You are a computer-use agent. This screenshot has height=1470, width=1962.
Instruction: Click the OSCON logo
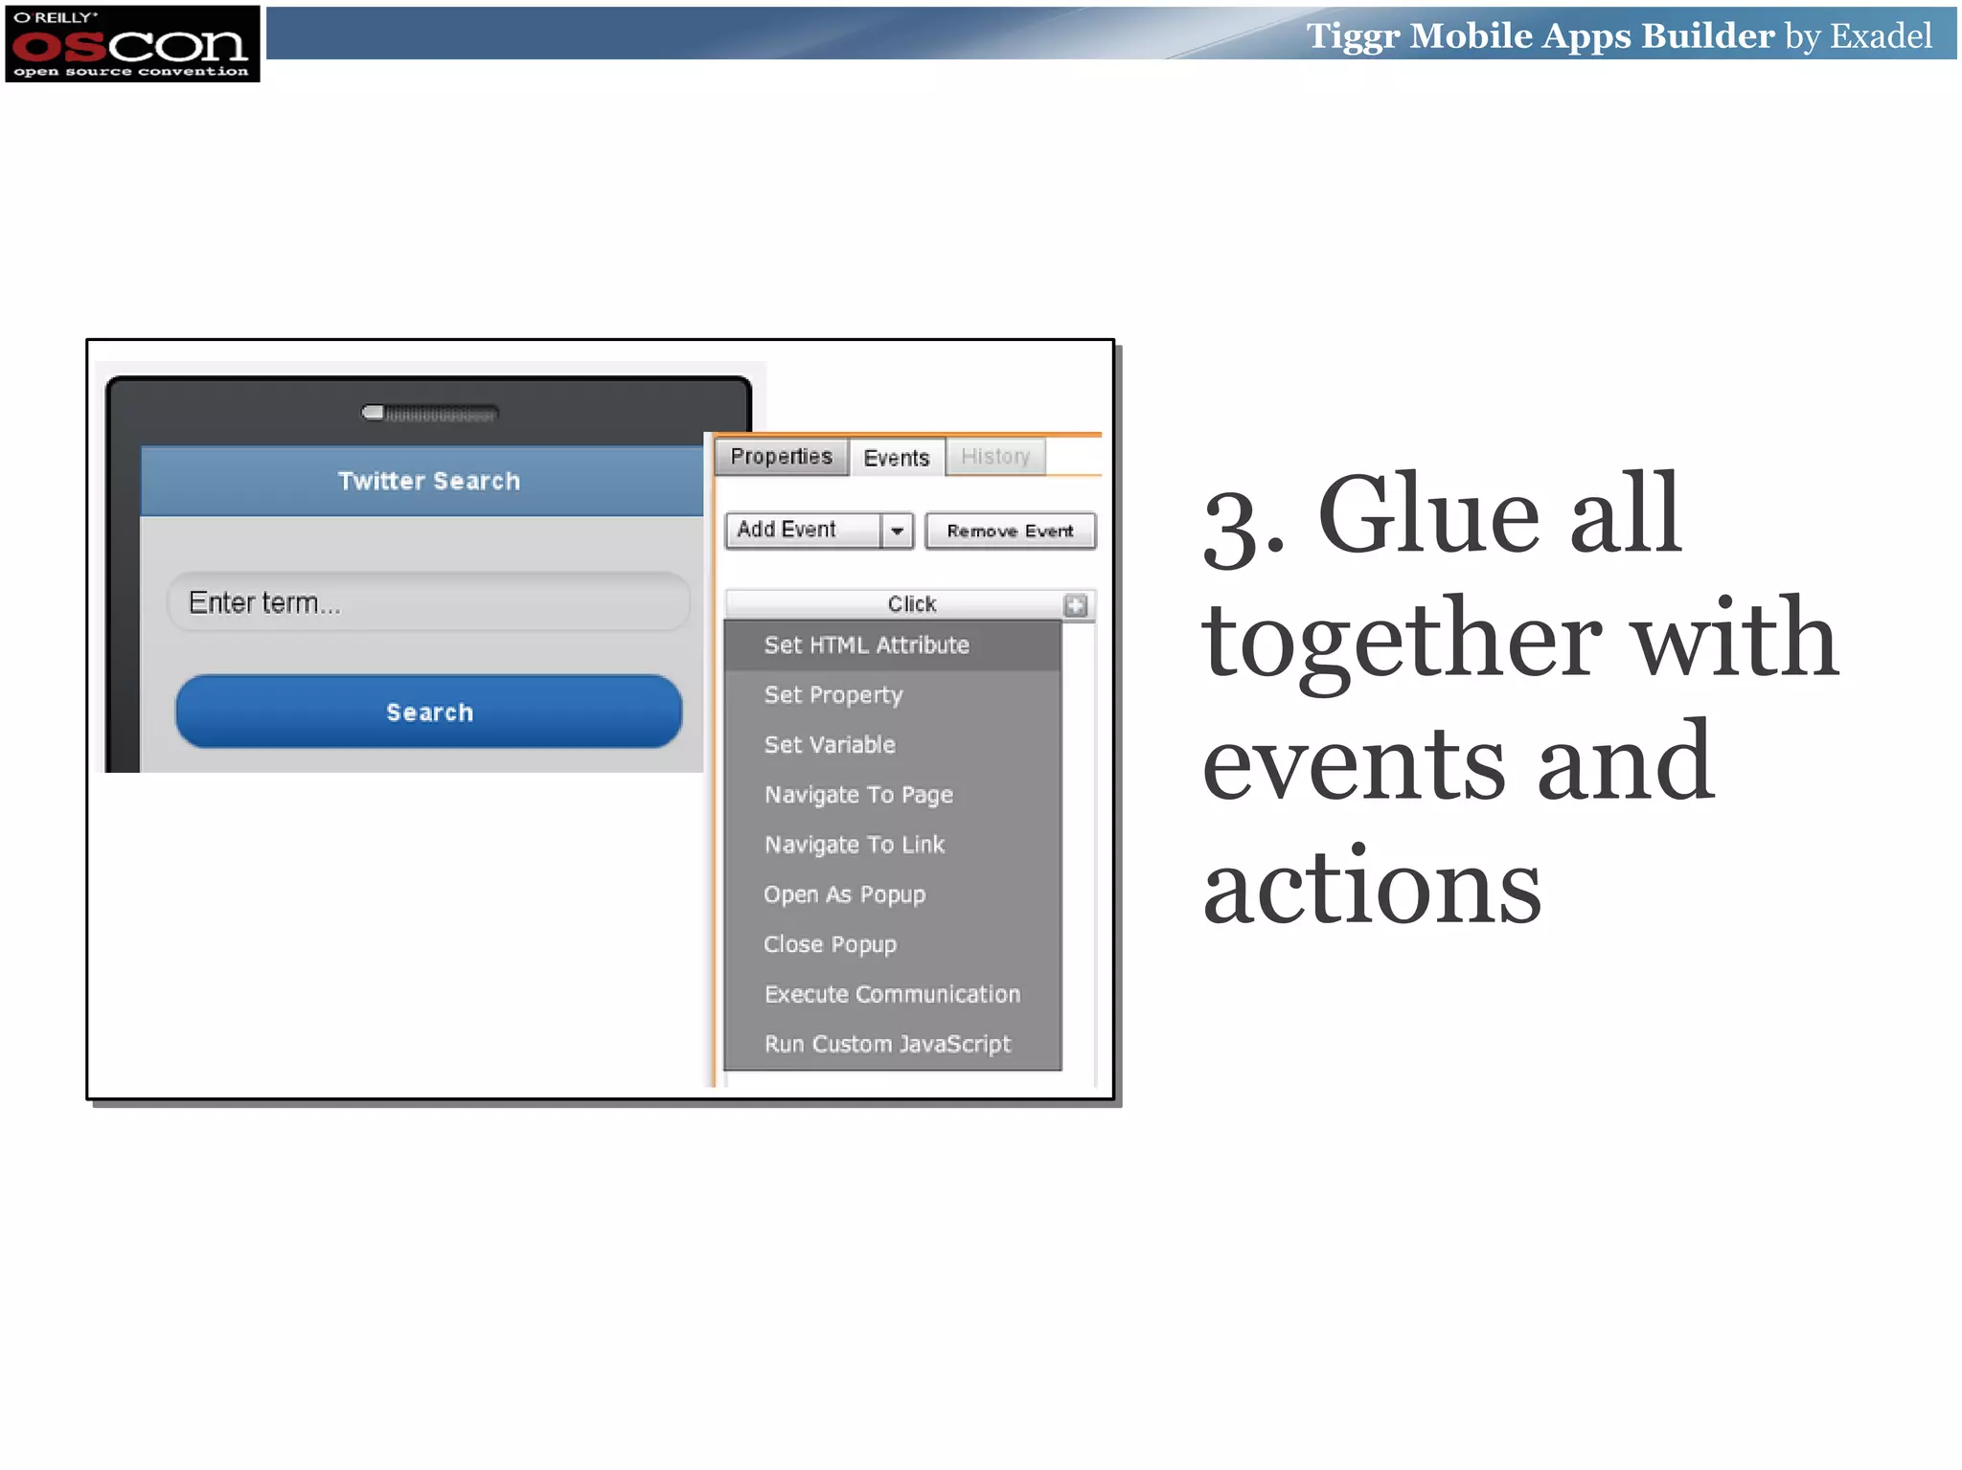(132, 44)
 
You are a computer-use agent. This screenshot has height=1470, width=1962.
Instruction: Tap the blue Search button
(428, 712)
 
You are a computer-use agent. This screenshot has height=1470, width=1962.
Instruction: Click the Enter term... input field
(428, 602)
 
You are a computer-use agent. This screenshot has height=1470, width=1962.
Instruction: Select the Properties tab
(781, 457)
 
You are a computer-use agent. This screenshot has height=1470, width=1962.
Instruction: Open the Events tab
(896, 458)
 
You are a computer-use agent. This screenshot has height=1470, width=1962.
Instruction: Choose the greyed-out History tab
(995, 457)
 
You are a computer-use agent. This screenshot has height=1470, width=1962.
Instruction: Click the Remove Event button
(1010, 531)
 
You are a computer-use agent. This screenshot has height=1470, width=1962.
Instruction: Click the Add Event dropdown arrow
(897, 531)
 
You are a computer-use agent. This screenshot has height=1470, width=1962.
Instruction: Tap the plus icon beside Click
(1076, 605)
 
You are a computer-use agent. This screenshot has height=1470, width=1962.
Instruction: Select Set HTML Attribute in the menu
(866, 645)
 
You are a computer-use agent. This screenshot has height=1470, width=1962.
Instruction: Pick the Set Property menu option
(833, 695)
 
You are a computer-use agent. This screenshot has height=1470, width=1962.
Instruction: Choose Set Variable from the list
(830, 745)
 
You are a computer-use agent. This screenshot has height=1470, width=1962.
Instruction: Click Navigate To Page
(858, 795)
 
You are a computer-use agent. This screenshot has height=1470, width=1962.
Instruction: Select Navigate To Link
(855, 845)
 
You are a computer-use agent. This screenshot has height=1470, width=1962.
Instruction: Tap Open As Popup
(844, 894)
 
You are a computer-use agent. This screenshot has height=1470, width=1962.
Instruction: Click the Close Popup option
(830, 944)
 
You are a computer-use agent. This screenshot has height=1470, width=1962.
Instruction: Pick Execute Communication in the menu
(892, 994)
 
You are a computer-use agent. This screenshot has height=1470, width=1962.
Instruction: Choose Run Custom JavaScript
(887, 1044)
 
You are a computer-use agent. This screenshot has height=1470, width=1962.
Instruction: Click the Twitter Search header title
(428, 481)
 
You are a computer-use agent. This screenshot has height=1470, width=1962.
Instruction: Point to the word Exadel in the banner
(1881, 36)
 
